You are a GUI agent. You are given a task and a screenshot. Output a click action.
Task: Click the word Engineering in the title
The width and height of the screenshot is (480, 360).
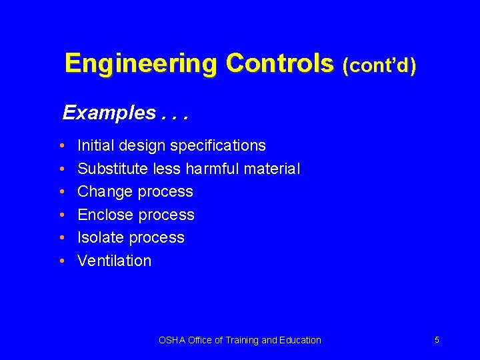click(141, 64)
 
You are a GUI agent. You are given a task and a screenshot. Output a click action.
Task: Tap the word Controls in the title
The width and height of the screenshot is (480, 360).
click(279, 64)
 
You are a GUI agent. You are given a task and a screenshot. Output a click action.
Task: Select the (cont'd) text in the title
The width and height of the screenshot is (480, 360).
click(379, 66)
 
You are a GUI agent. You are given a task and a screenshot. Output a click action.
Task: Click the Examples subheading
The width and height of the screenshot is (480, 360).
click(109, 113)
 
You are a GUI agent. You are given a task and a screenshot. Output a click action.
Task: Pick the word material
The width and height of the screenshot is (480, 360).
click(272, 169)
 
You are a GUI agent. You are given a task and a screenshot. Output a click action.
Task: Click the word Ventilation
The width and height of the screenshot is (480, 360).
click(114, 261)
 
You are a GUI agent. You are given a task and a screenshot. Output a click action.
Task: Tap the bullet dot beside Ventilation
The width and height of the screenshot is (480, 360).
click(61, 261)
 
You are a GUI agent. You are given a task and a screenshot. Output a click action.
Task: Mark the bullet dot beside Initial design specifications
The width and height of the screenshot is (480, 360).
click(61, 145)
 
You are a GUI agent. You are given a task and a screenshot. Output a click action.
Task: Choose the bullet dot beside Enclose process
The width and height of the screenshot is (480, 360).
click(61, 215)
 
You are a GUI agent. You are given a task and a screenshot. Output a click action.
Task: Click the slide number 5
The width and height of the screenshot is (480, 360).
click(437, 340)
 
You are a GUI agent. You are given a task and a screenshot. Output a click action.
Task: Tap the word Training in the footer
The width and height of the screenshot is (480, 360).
click(243, 340)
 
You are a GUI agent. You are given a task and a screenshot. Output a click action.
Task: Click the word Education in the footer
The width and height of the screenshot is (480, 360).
click(299, 340)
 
